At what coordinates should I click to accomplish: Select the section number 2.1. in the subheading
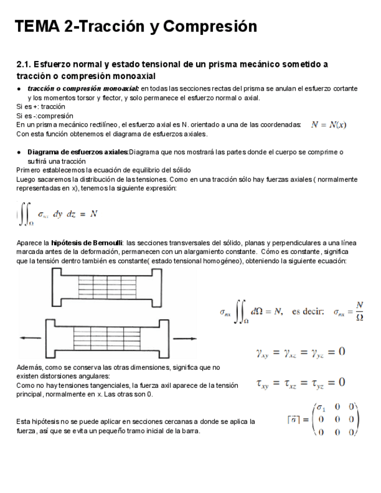click(x=26, y=64)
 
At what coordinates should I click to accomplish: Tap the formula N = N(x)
click(x=329, y=124)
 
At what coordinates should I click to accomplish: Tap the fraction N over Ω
click(x=359, y=312)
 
